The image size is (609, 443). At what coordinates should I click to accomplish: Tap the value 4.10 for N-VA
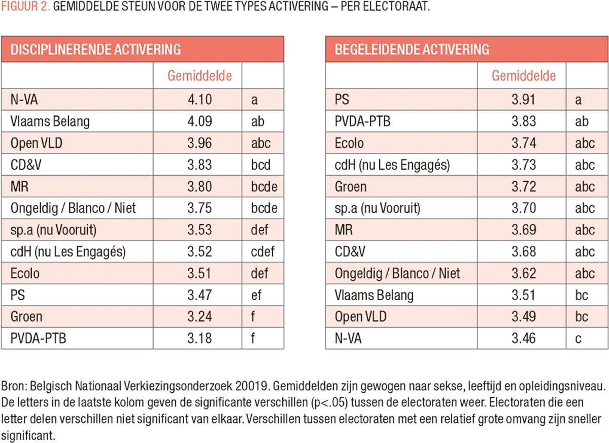point(199,100)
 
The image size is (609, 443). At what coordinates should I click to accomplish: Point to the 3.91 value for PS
point(523,100)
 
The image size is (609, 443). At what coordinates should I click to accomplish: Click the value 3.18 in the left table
point(199,338)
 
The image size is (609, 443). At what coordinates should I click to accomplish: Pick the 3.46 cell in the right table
point(523,338)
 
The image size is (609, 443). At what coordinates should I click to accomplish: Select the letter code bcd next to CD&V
point(261,165)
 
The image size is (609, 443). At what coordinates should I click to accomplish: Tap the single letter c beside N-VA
point(579,338)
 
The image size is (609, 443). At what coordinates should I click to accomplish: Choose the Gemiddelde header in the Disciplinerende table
point(199,76)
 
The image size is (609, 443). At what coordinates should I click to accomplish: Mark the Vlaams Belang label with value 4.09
point(50,121)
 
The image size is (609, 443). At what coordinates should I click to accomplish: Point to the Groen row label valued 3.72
point(350,186)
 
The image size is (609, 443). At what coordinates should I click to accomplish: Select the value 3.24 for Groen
point(199,317)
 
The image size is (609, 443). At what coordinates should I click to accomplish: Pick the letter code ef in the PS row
point(256,295)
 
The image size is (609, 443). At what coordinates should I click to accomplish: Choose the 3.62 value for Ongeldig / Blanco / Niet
point(523,273)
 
